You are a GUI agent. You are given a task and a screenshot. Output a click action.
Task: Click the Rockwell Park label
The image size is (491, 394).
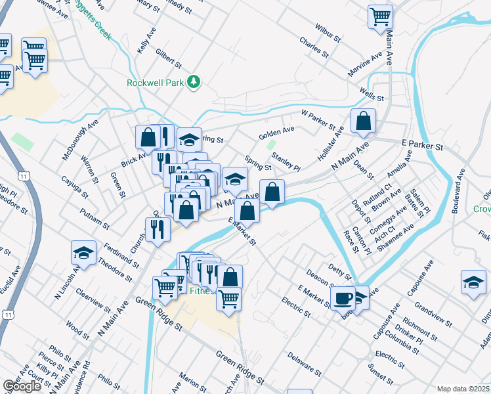[156, 82]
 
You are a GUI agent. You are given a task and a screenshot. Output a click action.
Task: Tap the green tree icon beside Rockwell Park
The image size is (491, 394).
[194, 81]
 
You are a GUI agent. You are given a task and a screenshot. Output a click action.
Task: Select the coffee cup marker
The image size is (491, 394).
[343, 298]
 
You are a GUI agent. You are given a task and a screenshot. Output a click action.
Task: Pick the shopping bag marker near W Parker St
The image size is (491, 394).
[362, 121]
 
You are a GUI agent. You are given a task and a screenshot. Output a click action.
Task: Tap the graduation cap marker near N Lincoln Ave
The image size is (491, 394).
[83, 253]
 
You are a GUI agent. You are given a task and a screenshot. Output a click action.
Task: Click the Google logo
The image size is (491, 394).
[22, 386]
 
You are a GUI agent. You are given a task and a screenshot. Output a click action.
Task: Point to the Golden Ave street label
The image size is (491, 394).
[276, 133]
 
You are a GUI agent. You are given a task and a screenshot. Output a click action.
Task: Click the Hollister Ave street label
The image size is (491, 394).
[330, 141]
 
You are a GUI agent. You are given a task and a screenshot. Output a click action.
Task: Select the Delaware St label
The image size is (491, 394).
[303, 364]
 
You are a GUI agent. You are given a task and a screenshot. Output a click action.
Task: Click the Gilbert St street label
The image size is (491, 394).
[169, 58]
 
